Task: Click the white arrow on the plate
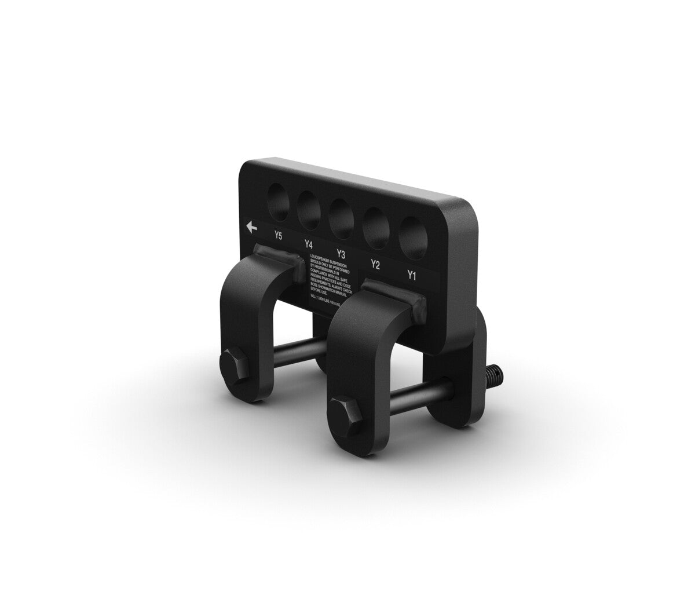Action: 251,228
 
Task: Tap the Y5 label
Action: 279,236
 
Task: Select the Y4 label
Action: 309,244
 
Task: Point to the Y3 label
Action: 341,254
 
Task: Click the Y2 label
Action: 375,265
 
